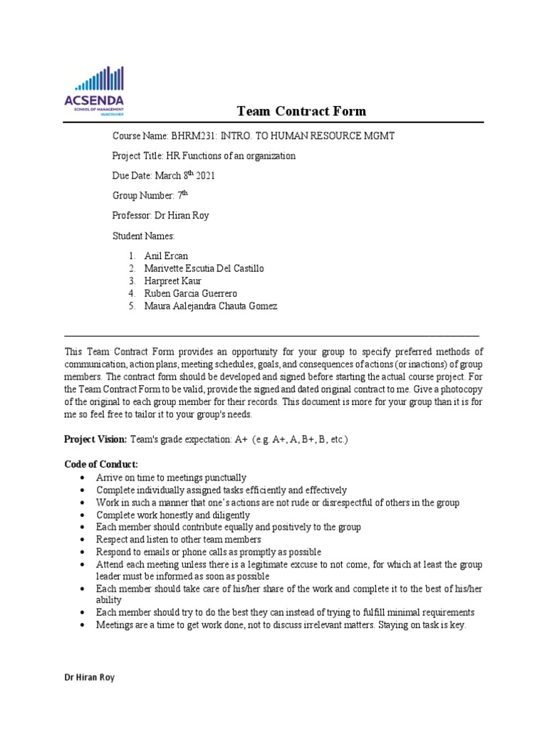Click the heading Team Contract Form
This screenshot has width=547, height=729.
[x=301, y=110]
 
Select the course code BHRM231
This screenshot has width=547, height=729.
[x=190, y=136]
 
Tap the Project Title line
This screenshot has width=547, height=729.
[x=204, y=156]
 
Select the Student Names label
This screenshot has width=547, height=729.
[x=143, y=235]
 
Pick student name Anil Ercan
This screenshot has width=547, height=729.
[x=167, y=255]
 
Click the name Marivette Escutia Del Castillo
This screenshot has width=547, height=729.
[x=204, y=268]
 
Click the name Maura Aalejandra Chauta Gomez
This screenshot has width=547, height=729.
[x=210, y=306]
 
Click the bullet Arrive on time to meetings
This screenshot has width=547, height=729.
[x=171, y=477]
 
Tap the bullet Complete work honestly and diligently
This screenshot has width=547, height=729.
[x=173, y=515]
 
